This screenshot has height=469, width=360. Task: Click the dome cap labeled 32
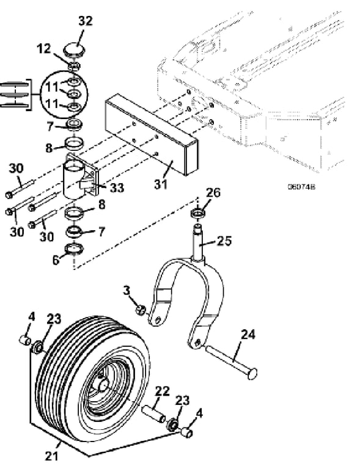point(74,49)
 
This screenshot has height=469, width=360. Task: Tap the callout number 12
point(44,48)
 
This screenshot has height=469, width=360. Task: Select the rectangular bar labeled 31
point(151,134)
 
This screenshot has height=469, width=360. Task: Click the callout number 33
point(117,188)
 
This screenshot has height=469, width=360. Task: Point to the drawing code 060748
point(301,187)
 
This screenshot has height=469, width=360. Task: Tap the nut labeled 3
point(141,310)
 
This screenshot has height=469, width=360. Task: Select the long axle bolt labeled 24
point(231,362)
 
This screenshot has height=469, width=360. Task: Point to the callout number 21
point(52,456)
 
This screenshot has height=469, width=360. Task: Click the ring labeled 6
point(74,249)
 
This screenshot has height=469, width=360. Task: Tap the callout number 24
point(248,335)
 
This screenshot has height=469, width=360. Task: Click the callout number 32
point(86,21)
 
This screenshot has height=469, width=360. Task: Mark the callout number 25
point(224,241)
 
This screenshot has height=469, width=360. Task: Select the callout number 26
point(213,192)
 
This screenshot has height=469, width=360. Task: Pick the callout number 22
point(163,391)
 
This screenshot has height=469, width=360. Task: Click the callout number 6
point(56,260)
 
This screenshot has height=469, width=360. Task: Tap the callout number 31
point(161,184)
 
